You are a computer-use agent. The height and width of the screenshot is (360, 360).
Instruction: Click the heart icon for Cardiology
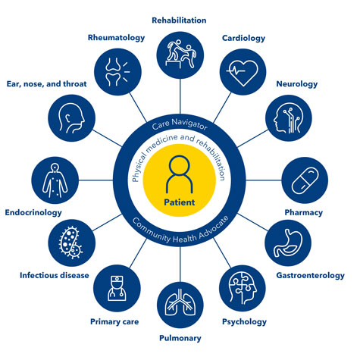tap(243, 73)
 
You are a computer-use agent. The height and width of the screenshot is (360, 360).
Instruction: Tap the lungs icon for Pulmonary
tap(180, 302)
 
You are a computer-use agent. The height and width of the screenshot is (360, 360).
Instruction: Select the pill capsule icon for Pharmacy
tap(305, 180)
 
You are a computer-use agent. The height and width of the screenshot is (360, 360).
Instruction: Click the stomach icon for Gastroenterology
tap(288, 243)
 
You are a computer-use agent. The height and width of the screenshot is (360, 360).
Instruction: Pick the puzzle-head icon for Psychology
tap(243, 288)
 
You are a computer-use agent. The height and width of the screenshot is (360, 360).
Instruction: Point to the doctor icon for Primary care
tap(117, 288)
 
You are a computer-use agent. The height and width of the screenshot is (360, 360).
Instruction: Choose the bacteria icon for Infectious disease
tap(70, 243)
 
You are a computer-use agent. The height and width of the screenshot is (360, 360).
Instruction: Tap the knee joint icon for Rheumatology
tap(117, 72)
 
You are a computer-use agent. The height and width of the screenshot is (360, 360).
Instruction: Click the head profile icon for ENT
tap(71, 118)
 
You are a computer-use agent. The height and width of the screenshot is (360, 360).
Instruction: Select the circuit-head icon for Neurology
tap(288, 118)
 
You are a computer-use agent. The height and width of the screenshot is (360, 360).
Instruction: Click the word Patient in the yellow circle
tap(180, 202)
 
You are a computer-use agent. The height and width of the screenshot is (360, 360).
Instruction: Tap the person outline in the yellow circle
tap(180, 174)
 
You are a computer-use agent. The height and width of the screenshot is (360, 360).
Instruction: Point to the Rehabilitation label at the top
tap(179, 20)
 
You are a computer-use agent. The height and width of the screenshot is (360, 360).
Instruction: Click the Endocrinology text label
tap(33, 213)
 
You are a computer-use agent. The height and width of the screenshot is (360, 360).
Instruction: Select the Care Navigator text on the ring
tap(180, 124)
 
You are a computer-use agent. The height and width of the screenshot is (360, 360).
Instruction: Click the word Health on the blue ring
tap(185, 238)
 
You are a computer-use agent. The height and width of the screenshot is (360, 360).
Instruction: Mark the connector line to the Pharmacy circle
tap(264, 180)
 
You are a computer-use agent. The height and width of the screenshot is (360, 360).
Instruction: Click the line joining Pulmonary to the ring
tap(180, 265)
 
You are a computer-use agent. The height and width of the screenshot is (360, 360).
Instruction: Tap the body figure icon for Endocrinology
tap(55, 180)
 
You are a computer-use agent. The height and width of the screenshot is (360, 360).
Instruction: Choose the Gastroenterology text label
tap(311, 275)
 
